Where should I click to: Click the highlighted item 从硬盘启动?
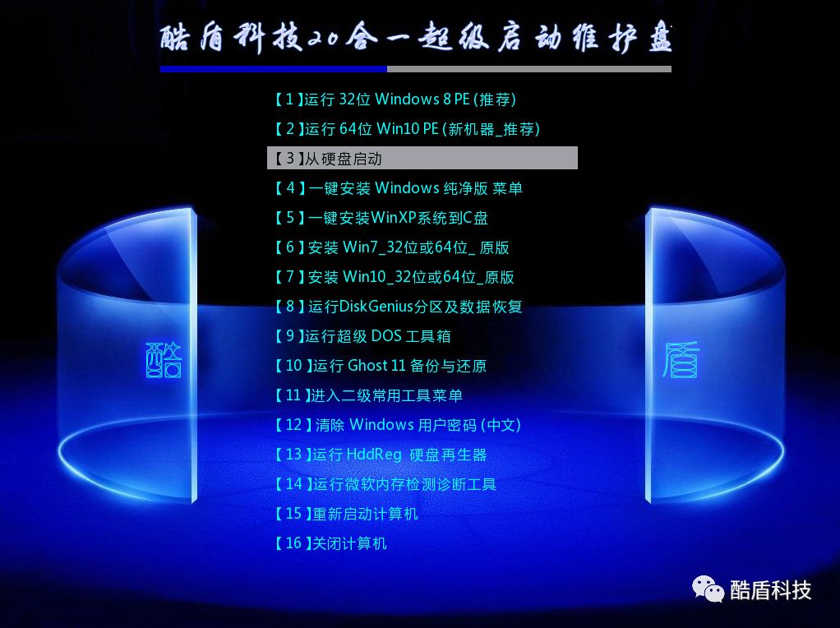[422, 159]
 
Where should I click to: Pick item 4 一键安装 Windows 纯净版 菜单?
[398, 188]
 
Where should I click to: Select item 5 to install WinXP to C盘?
[381, 218]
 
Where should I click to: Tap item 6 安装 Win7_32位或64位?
[391, 247]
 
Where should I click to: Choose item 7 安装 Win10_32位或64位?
[394, 277]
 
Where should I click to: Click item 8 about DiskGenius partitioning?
[398, 307]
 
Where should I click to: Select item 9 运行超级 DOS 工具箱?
[362, 336]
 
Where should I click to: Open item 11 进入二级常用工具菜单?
[367, 395]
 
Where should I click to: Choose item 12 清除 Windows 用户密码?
[397, 425]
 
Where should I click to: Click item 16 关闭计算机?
[330, 543]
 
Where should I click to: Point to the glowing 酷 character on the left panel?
[164, 360]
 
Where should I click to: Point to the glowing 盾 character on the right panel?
[681, 360]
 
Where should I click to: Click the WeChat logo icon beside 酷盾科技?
[708, 588]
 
